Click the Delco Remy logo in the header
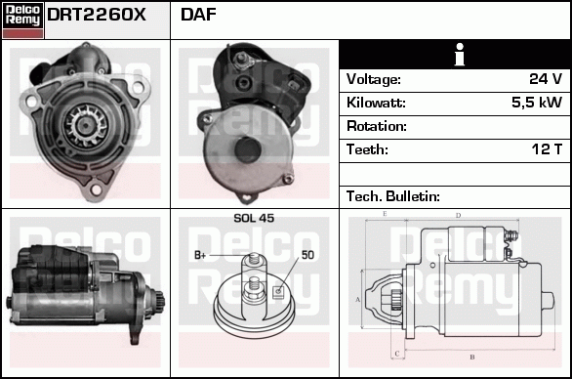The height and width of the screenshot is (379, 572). point(22,20)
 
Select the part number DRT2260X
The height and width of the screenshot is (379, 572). point(97,16)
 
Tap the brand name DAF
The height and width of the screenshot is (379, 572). point(199,16)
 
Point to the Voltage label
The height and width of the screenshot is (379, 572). point(374,79)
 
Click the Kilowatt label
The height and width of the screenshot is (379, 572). point(376,103)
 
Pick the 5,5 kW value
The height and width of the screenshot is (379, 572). point(536,103)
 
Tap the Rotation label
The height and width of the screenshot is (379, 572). point(376,126)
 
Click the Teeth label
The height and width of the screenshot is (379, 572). point(367,149)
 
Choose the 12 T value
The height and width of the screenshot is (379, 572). point(545,149)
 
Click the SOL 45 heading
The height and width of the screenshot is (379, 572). point(253,218)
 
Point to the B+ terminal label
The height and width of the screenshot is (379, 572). point(200,255)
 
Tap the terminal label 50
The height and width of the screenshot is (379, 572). point(306,255)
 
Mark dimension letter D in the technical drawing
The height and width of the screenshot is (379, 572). point(458,215)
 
